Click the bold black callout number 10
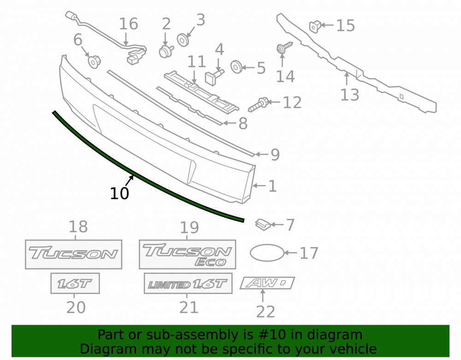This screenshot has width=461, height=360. (x=119, y=194)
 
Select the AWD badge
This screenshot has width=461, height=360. (x=267, y=283)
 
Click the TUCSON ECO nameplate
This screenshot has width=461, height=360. (x=187, y=254)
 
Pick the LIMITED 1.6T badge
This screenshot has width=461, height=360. (x=188, y=283)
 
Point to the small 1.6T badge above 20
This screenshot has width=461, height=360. (x=75, y=283)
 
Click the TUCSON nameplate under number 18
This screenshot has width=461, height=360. (x=73, y=254)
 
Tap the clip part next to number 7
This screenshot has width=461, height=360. (x=263, y=224)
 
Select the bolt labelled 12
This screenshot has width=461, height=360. (x=259, y=104)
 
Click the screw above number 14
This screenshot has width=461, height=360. (x=284, y=47)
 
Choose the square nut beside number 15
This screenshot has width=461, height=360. (x=315, y=26)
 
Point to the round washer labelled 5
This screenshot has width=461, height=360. (x=236, y=67)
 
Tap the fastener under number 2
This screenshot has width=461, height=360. (x=166, y=52)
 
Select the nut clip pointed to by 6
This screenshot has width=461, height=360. (x=95, y=62)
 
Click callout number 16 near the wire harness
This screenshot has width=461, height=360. (x=129, y=24)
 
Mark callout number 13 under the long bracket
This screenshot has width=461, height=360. (x=349, y=94)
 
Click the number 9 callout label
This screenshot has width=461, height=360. (x=275, y=154)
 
